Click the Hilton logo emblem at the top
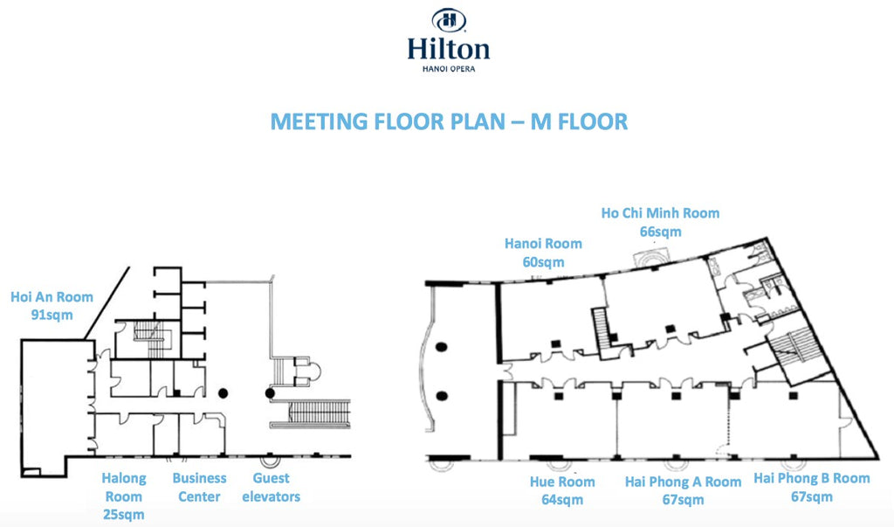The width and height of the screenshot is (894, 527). (449, 20)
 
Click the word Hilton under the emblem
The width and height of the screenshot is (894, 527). (449, 48)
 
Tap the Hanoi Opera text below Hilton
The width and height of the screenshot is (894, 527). (449, 69)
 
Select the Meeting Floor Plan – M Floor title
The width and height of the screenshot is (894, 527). (449, 121)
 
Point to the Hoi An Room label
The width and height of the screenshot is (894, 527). (52, 297)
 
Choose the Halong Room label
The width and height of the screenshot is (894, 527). (124, 488)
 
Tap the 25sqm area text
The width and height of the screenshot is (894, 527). (123, 515)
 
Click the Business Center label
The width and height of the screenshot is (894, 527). (199, 488)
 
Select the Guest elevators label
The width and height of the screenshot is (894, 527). (276, 488)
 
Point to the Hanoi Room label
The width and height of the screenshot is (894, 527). (543, 244)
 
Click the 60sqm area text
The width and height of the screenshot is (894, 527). (543, 262)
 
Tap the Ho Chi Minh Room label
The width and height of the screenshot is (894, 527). (661, 213)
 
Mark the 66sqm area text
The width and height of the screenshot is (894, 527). (661, 232)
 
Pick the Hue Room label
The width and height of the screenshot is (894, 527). (562, 482)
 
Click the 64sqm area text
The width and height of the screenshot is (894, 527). (562, 500)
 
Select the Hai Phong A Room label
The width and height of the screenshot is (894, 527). (683, 482)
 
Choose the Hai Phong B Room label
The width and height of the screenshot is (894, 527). (812, 478)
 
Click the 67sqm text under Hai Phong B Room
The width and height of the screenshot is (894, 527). (811, 496)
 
